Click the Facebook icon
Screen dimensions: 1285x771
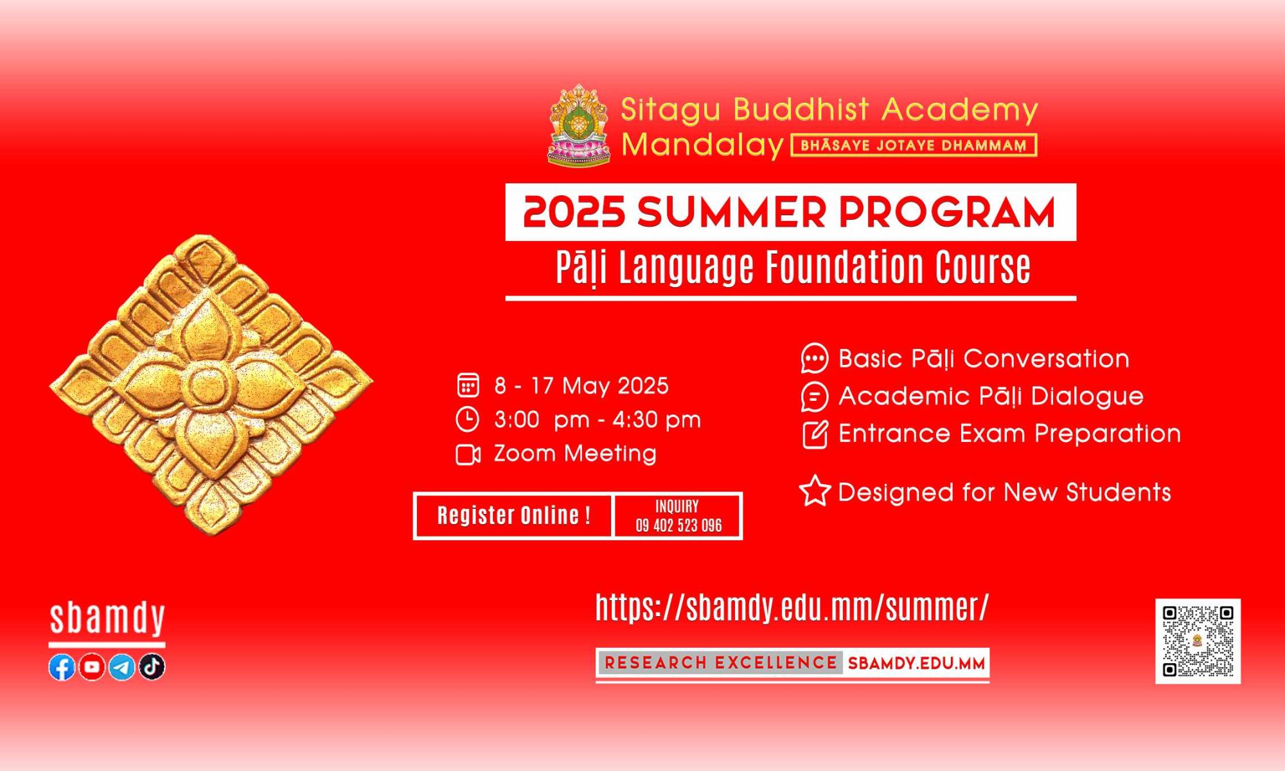62,668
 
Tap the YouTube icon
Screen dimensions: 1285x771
92,668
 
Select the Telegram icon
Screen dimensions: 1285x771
122,668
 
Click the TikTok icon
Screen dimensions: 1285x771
152,668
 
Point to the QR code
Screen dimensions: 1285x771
1198,641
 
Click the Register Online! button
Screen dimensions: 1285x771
513,515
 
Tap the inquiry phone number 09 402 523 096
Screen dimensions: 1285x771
679,526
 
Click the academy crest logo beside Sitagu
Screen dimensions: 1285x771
579,125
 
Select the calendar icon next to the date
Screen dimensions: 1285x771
468,385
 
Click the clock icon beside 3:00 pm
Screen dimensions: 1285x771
468,420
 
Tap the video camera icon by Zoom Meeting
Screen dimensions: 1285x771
468,454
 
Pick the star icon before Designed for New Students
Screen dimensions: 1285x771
815,492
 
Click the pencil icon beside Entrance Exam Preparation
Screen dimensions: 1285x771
815,434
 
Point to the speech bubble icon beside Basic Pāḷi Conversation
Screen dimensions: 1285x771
815,359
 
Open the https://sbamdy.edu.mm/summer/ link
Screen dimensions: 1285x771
792,607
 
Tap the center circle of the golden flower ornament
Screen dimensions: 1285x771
210,385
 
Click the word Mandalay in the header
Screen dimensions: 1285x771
702,145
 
